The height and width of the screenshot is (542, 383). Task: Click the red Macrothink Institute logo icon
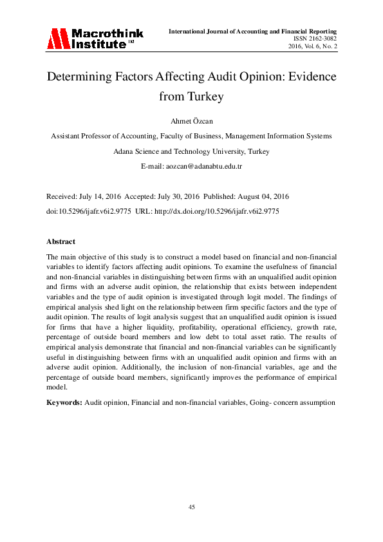pos(57,38)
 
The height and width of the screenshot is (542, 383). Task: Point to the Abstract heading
pos(61,241)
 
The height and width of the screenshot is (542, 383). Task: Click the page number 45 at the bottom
pos(191,507)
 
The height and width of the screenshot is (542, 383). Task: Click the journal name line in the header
pos(253,31)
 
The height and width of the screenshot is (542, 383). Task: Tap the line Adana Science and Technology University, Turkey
pos(191,151)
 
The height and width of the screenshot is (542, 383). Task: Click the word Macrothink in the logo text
pos(107,33)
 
